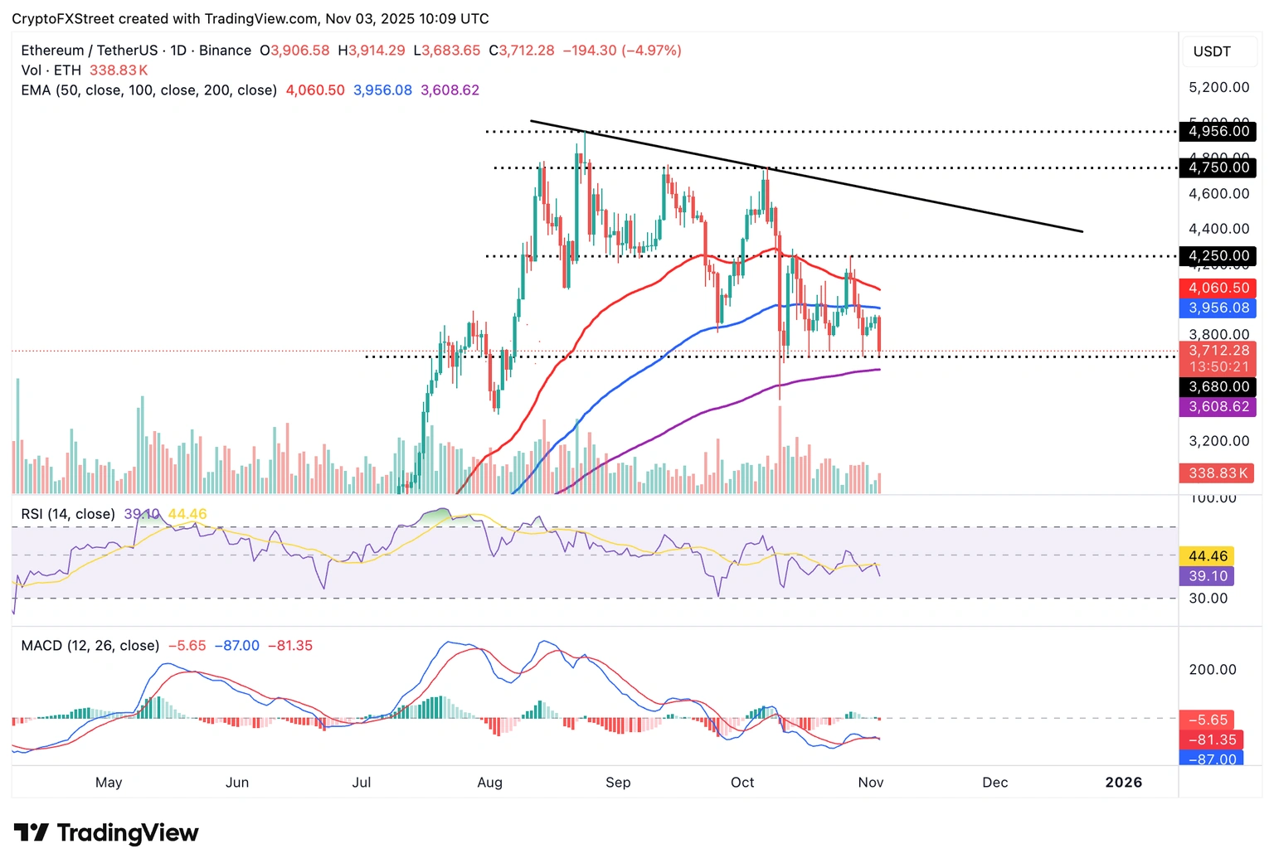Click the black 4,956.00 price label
coord(1218,131)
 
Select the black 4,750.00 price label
coord(1218,167)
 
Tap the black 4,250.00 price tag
coord(1218,255)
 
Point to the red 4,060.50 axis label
coord(1218,288)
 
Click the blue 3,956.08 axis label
coord(1218,308)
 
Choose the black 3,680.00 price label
coord(1218,386)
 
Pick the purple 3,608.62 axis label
coord(1218,406)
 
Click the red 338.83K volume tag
coord(1217,473)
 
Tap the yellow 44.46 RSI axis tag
coord(1208,556)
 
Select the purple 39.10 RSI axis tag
coord(1208,576)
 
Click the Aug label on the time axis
coord(489,782)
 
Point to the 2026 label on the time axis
coord(1123,782)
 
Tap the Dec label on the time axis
coord(994,782)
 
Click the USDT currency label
coord(1212,51)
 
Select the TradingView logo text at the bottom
coord(127,832)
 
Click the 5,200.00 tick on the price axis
coord(1218,87)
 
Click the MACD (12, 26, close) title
coord(90,645)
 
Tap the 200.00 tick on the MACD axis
coord(1212,669)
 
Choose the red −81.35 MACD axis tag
coord(1212,739)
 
